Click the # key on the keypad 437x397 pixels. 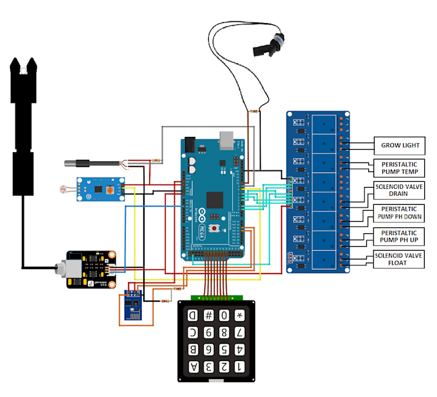pyautogui.click(x=208, y=315)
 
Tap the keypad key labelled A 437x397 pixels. pyautogui.click(x=193, y=367)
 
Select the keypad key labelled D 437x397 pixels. pyautogui.click(x=193, y=315)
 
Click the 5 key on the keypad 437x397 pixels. pyautogui.click(x=224, y=350)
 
